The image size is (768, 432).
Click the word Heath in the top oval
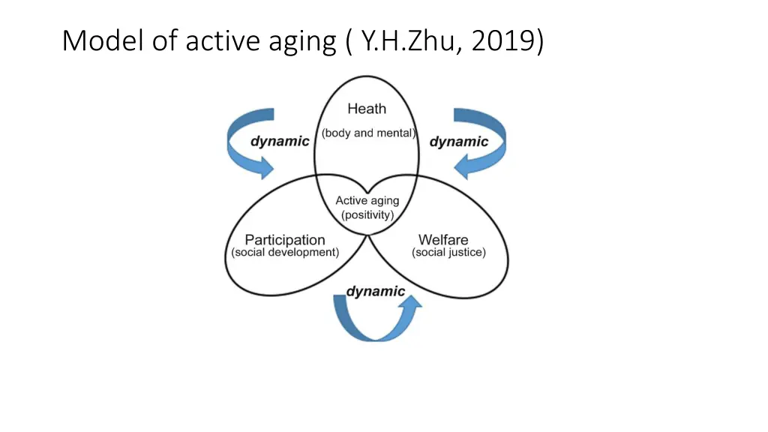367,109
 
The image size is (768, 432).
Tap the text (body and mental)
368,133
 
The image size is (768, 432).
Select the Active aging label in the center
367,200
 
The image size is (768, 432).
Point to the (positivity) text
367,214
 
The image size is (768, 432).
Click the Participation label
285,240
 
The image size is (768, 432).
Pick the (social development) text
285,253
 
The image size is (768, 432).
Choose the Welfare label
443,240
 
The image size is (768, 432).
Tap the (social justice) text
448,253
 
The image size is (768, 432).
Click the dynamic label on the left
279,142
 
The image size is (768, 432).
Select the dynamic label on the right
458,142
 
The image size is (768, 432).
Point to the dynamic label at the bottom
375,291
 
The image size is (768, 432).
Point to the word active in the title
222,40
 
